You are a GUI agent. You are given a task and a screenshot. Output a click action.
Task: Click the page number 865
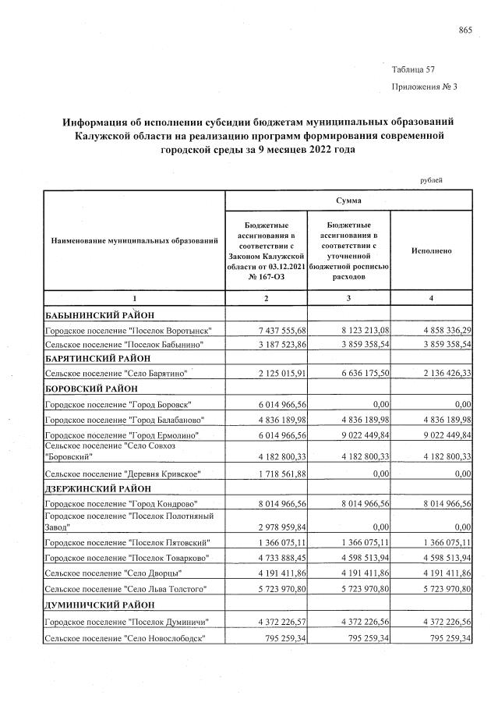click(466, 30)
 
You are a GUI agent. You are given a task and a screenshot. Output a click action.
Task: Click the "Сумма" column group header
click(348, 200)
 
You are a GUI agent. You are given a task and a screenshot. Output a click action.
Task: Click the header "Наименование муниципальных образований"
click(133, 243)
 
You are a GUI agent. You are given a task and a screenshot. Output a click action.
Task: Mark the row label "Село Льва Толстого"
click(125, 587)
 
